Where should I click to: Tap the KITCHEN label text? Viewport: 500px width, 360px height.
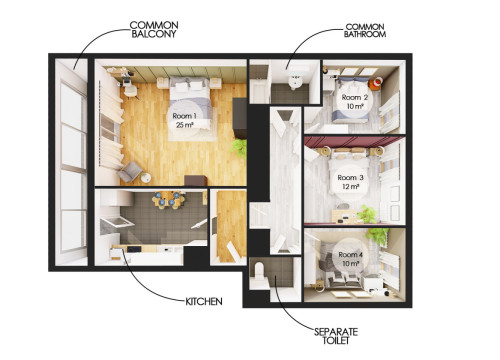203,300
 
